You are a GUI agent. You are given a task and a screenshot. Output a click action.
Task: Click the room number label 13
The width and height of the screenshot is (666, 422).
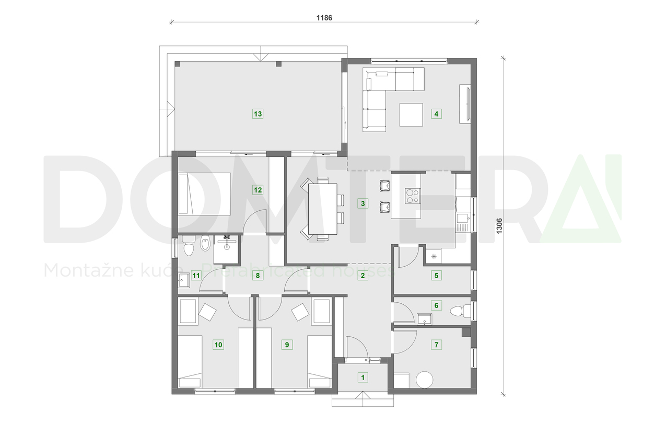(x=258, y=113)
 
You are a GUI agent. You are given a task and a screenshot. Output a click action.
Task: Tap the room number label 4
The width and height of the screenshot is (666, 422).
(x=436, y=113)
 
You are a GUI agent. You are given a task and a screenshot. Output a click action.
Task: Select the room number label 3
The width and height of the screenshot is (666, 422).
(x=363, y=203)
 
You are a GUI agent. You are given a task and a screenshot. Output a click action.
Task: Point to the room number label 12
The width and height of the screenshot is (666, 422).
(x=258, y=190)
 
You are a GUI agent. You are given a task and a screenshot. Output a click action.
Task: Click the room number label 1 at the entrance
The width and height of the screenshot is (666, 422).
(x=363, y=377)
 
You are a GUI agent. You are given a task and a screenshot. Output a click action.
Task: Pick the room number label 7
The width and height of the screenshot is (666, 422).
(x=436, y=345)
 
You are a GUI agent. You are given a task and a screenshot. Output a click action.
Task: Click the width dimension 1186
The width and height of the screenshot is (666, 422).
(x=324, y=17)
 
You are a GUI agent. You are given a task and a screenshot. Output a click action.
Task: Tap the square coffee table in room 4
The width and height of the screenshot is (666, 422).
(x=411, y=115)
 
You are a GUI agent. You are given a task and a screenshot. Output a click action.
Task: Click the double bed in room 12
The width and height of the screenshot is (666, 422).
(x=205, y=194)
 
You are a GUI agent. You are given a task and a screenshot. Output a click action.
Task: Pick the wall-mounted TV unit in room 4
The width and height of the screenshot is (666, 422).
(x=465, y=104)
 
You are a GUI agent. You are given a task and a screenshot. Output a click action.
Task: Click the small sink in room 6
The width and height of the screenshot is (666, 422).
(x=423, y=318)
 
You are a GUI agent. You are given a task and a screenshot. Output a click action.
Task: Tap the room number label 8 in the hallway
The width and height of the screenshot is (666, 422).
(x=258, y=276)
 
